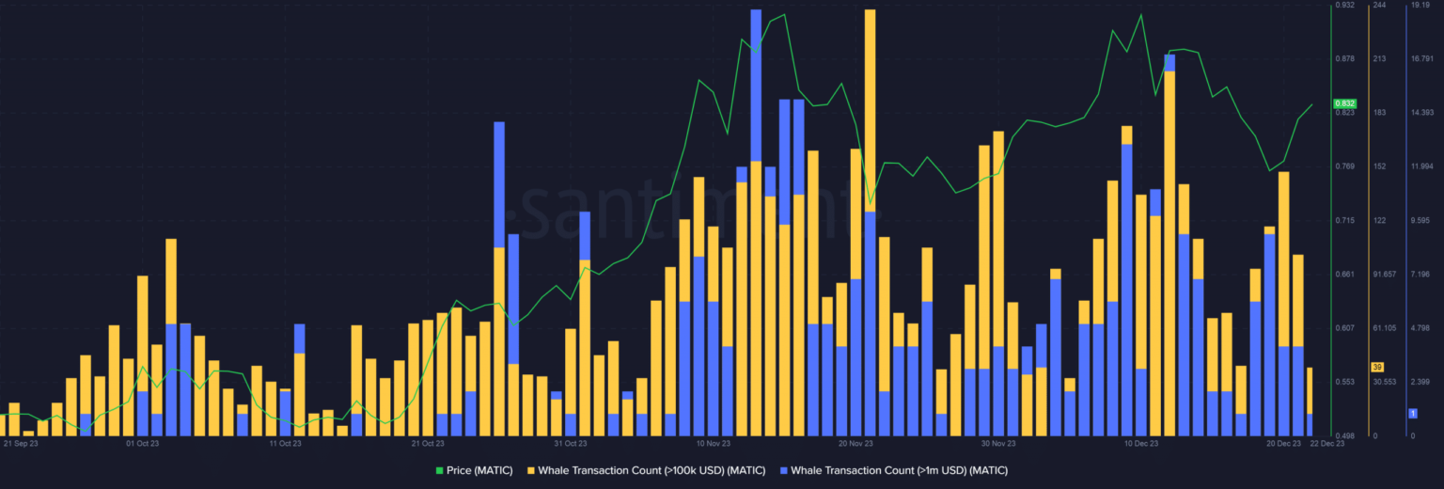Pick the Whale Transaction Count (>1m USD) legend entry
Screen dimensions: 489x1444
click(899, 469)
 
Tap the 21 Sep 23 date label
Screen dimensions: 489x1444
click(21, 443)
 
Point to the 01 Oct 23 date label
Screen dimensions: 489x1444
click(142, 443)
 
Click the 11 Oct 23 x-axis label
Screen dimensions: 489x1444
click(286, 443)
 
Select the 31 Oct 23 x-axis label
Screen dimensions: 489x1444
click(570, 443)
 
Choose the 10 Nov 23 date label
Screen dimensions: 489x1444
click(714, 443)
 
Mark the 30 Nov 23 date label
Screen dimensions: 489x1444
click(998, 443)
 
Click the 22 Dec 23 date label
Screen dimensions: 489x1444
click(1327, 443)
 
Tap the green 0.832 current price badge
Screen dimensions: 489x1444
click(1343, 103)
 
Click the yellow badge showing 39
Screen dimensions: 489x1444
click(1377, 367)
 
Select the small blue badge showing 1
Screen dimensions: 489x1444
click(1412, 413)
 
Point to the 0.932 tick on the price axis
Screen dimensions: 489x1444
click(1345, 6)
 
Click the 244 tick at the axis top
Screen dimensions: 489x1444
click(1379, 6)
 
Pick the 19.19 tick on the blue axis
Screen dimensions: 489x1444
click(1420, 6)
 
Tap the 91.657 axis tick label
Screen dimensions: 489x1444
click(1385, 275)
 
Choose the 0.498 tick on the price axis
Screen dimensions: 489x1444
click(1345, 435)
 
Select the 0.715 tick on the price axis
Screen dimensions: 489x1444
click(1345, 220)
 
